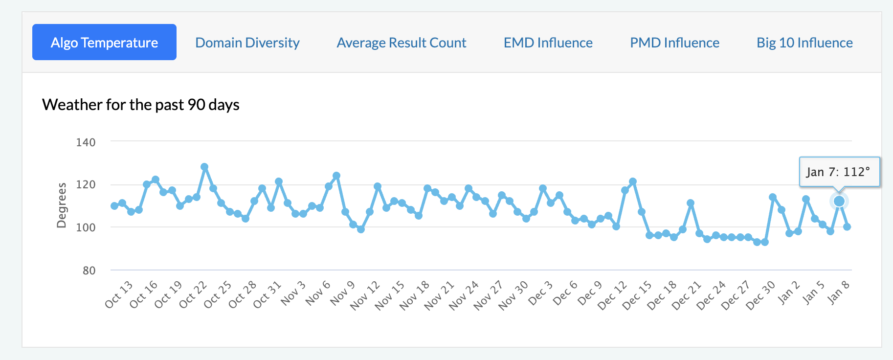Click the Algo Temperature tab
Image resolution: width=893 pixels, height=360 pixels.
(104, 43)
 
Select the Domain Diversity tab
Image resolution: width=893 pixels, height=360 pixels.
(247, 43)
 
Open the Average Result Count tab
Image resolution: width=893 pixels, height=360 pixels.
(401, 43)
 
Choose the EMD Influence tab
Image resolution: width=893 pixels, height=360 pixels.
(548, 43)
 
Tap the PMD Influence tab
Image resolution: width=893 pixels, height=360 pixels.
(674, 43)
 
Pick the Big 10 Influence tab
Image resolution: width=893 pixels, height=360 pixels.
(804, 43)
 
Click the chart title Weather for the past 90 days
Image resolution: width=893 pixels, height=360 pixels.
(141, 105)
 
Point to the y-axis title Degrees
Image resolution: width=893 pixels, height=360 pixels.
(62, 205)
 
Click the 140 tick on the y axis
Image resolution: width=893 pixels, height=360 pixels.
(86, 142)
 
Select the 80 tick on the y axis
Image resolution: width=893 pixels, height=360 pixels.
(89, 270)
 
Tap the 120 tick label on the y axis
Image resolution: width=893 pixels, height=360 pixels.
(86, 185)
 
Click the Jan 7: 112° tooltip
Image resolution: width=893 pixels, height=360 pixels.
(839, 172)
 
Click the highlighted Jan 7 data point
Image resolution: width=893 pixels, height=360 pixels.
(839, 201)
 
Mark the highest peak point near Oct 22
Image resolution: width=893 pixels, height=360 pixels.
(204, 167)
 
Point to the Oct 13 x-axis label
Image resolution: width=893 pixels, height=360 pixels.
(119, 294)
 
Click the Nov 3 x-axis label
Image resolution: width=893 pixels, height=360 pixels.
(293, 293)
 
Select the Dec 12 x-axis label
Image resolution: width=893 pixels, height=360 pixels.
(612, 295)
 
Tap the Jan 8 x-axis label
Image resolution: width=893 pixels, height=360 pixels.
(838, 292)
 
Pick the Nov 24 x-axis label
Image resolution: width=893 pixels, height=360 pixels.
(464, 295)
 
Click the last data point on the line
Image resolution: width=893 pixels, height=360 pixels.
(847, 227)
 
